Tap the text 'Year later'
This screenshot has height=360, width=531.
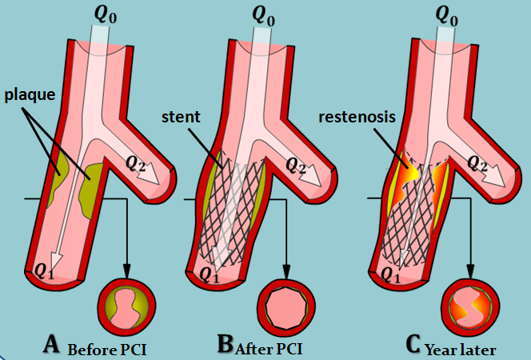point(461,350)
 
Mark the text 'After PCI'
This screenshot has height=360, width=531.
point(269,349)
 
